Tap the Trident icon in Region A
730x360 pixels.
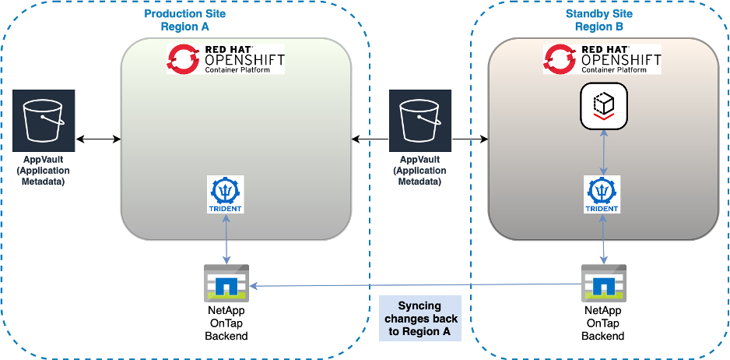226,195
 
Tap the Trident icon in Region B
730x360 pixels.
602,195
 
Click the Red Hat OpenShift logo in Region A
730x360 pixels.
226,59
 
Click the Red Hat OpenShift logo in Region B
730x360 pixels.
602,59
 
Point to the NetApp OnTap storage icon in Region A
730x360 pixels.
226,284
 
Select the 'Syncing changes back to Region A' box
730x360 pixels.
420,319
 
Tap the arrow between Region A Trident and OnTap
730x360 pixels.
226,240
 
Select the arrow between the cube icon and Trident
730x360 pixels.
602,153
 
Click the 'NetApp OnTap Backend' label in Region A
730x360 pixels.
226,323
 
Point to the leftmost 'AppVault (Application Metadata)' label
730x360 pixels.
44,170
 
